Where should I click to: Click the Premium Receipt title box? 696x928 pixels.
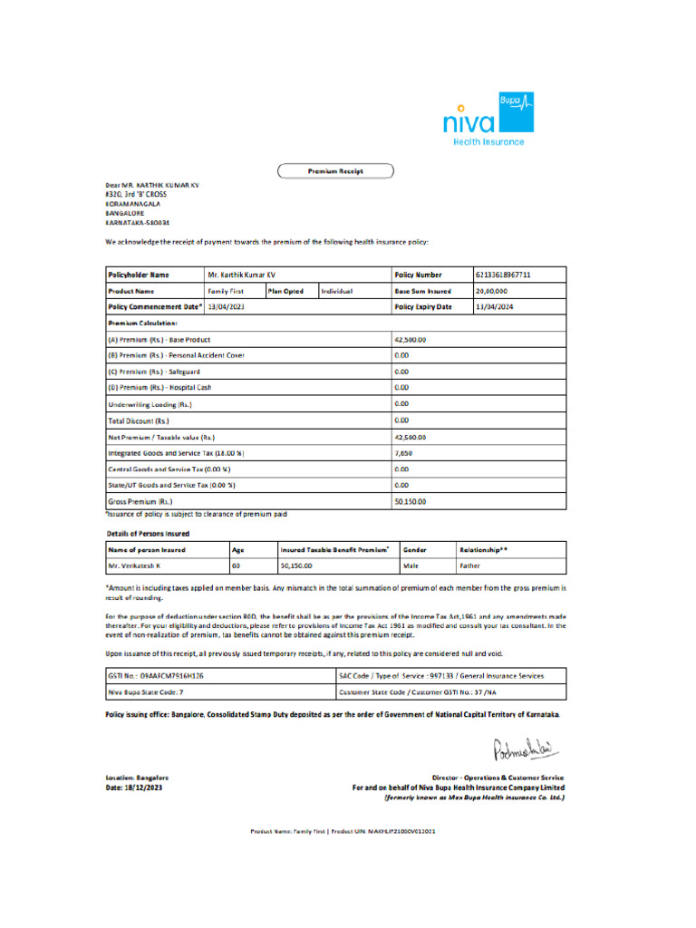coord(334,169)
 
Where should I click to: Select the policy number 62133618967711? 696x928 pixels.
coord(503,274)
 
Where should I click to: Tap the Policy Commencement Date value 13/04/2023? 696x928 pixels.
coord(226,307)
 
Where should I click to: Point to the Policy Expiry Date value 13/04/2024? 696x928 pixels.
coord(494,307)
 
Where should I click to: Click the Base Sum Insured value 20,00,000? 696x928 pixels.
coord(491,291)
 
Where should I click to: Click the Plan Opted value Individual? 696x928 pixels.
coord(335,291)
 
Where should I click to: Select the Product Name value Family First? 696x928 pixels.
coord(227,291)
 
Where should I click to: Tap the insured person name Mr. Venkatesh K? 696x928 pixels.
coord(134,565)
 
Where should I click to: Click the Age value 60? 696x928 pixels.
coord(236,565)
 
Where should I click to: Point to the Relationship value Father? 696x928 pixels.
coord(470,565)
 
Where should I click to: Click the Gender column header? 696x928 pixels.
coord(415,549)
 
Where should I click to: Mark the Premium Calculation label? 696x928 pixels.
coord(142,323)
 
